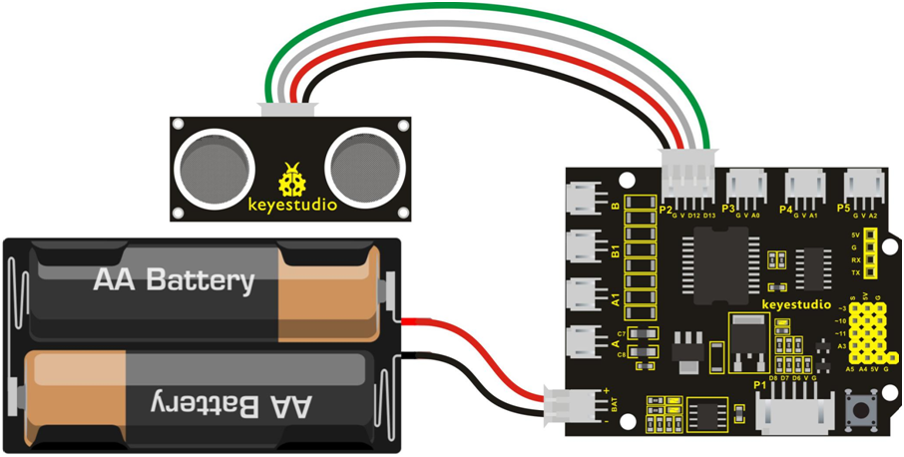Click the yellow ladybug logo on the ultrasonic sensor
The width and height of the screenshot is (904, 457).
[x=292, y=180]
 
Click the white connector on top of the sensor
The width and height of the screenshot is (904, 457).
[x=286, y=110]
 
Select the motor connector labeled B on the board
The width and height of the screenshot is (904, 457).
[x=582, y=198]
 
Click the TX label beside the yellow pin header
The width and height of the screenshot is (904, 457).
[x=855, y=272]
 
